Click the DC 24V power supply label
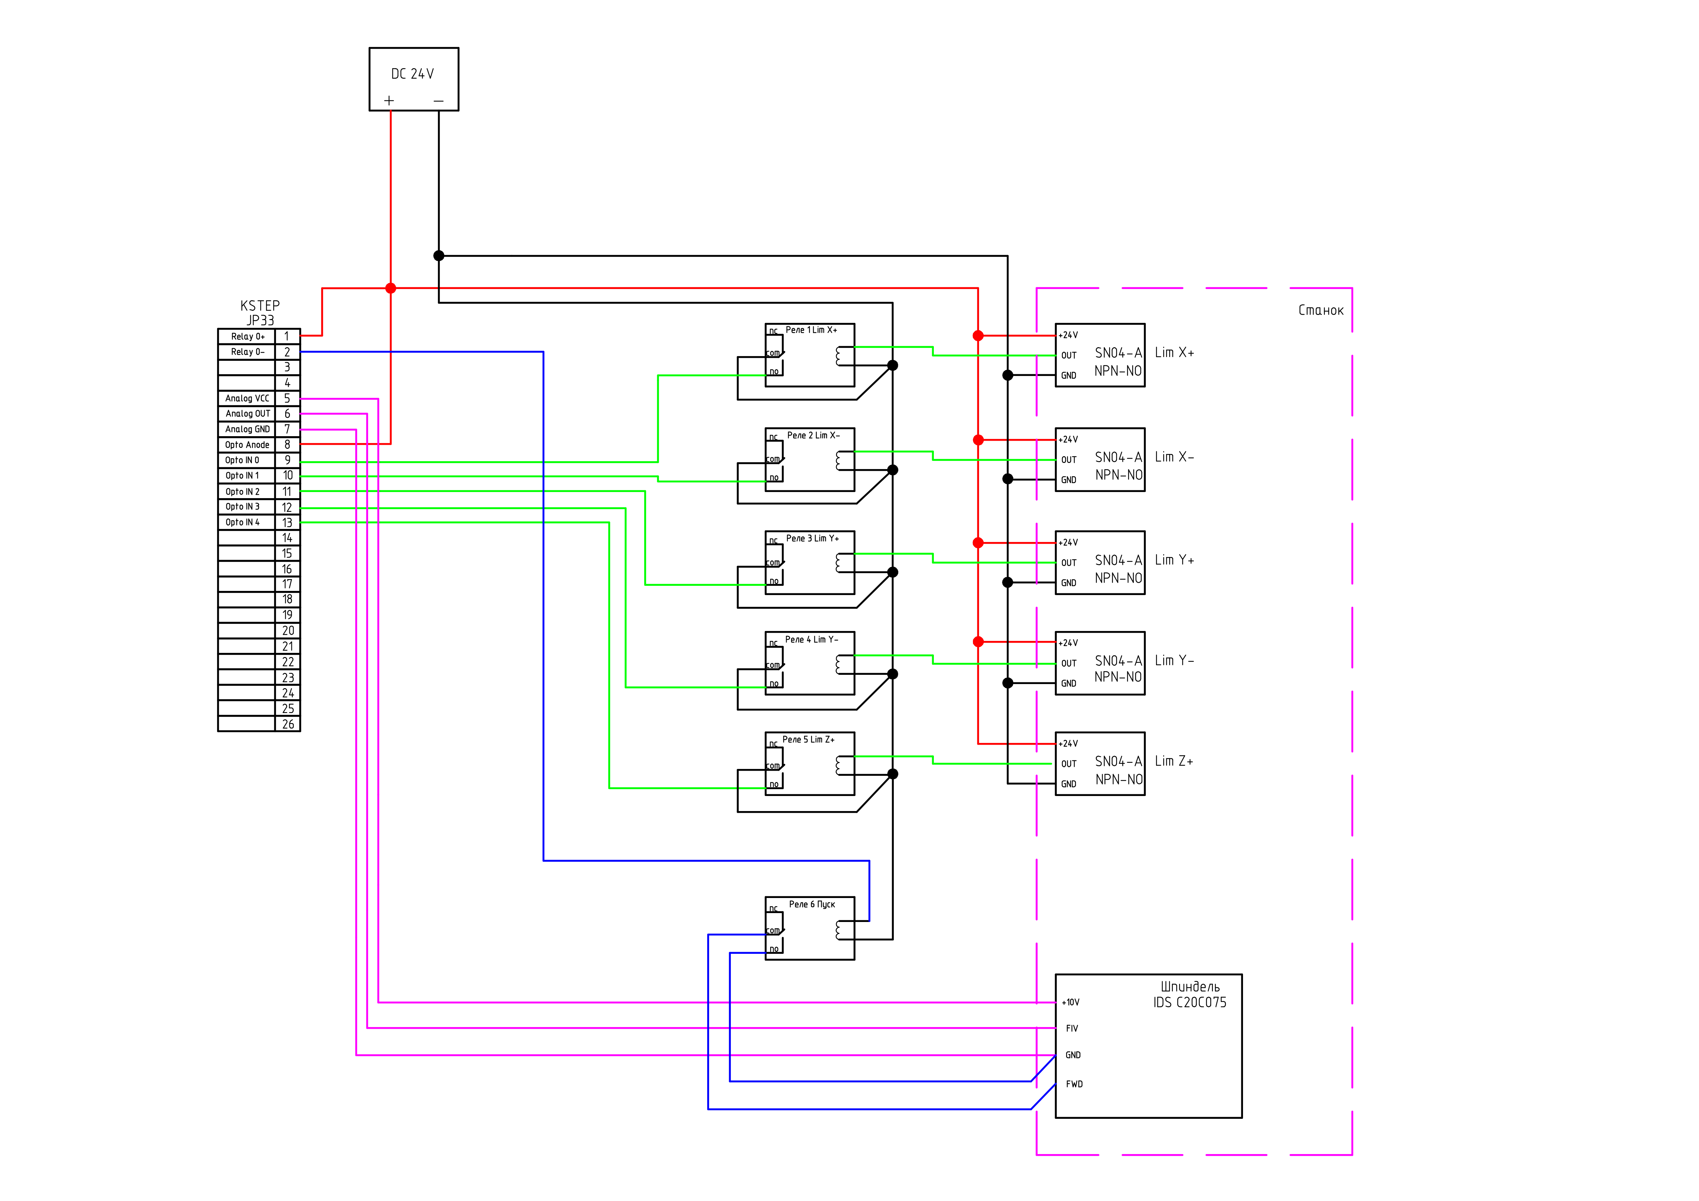pyautogui.click(x=412, y=74)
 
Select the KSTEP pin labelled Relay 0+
pyautogui.click(x=247, y=337)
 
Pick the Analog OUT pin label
pyautogui.click(x=247, y=414)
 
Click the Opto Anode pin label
pyautogui.click(x=247, y=445)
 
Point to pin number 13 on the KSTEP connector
pyautogui.click(x=287, y=522)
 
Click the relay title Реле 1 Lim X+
pyautogui.click(x=811, y=330)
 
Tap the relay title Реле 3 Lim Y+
pyautogui.click(x=812, y=539)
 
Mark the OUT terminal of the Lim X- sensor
pyautogui.click(x=1068, y=459)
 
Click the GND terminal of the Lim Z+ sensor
pyautogui.click(x=1068, y=784)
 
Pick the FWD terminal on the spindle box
pyautogui.click(x=1074, y=1084)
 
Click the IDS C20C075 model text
pyautogui.click(x=1189, y=1003)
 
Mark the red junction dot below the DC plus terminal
pyautogui.click(x=391, y=288)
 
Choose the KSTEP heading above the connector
pyautogui.click(x=260, y=306)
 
